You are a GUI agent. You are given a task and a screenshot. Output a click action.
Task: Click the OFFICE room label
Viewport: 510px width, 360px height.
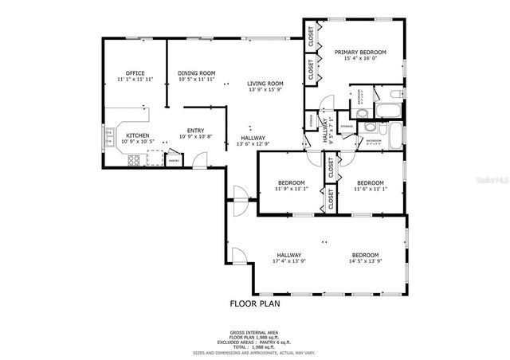pyautogui.click(x=135, y=73)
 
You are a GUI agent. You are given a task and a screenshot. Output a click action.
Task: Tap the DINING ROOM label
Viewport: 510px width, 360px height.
pyautogui.click(x=196, y=73)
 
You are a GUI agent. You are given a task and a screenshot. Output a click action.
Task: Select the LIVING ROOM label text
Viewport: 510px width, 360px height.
pyautogui.click(x=265, y=84)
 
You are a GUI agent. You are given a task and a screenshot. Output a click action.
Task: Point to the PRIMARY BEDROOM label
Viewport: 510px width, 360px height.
pyautogui.click(x=359, y=52)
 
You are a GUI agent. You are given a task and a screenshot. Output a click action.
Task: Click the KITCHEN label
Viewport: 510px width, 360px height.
pyautogui.click(x=138, y=135)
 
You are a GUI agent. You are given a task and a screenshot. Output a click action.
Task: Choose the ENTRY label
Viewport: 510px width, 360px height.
pyautogui.click(x=195, y=131)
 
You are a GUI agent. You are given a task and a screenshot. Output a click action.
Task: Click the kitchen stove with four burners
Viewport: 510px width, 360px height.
pyautogui.click(x=134, y=160)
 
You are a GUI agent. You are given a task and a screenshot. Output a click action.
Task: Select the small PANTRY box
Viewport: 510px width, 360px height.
pyautogui.click(x=173, y=160)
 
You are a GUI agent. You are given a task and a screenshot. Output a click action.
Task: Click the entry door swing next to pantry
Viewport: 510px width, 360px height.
pyautogui.click(x=201, y=158)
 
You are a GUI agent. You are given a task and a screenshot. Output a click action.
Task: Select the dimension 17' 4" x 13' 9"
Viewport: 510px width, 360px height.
pyautogui.click(x=288, y=261)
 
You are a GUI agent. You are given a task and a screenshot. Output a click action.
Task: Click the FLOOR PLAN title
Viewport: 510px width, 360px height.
pyautogui.click(x=255, y=303)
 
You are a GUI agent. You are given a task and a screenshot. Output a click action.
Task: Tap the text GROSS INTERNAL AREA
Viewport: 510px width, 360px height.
pyautogui.click(x=255, y=333)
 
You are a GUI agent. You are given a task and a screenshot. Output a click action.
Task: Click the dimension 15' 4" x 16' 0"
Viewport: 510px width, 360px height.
pyautogui.click(x=359, y=58)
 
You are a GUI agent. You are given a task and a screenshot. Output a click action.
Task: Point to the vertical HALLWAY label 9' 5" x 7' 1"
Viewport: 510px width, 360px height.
pyautogui.click(x=326, y=127)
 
